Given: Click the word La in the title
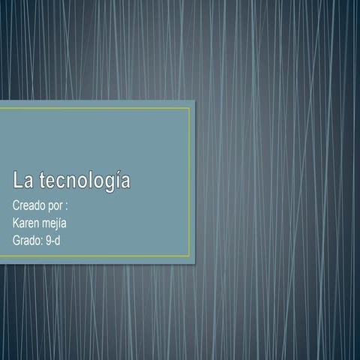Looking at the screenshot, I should pos(22,181).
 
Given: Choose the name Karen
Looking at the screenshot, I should pos(27,223).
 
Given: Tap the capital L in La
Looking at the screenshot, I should pos(16,181).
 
